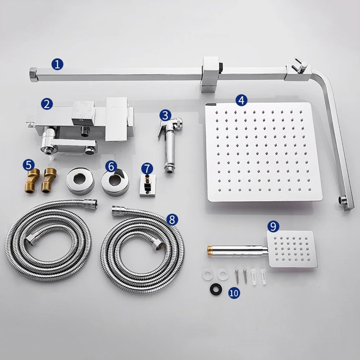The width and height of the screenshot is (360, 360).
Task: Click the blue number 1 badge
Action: tap(57, 64)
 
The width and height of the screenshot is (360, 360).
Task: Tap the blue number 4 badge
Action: tap(241, 100)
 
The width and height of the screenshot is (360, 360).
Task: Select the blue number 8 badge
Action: tap(172, 220)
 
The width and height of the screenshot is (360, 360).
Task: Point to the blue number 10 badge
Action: tap(234, 293)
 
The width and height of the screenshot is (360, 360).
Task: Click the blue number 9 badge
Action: tap(273, 226)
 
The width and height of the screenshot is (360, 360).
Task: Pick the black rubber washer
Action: tap(216, 288)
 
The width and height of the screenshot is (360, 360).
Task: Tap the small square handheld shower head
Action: tap(292, 249)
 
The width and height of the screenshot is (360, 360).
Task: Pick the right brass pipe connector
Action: tap(48, 180)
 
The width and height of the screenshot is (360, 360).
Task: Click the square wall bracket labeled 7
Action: tap(148, 185)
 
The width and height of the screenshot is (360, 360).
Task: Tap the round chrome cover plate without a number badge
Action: tap(80, 181)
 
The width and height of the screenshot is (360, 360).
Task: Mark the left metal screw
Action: tap(237, 277)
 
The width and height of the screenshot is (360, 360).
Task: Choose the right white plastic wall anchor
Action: tap(263, 277)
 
